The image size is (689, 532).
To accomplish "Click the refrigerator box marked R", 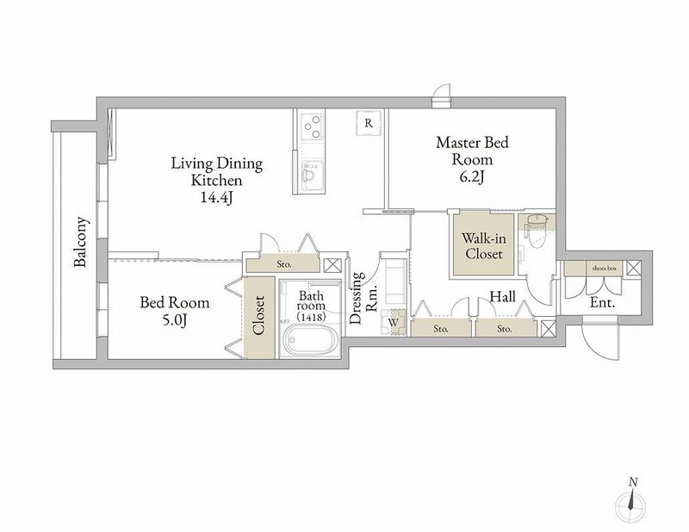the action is (x=369, y=123).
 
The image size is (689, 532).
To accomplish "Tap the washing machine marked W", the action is (x=394, y=322).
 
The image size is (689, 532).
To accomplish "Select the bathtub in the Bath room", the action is (x=309, y=339).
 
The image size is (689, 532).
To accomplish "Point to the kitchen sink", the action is (x=311, y=176).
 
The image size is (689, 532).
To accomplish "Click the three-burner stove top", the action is (x=312, y=127).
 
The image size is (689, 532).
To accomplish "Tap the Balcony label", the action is (x=80, y=242).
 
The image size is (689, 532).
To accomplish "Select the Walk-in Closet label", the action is (x=483, y=246).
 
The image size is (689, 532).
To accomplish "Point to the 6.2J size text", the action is (x=472, y=177).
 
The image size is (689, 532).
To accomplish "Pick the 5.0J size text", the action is (x=175, y=321).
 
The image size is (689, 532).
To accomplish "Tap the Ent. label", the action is (x=602, y=302).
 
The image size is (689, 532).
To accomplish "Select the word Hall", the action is (x=502, y=297).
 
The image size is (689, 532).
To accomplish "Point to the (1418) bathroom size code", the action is (x=311, y=316).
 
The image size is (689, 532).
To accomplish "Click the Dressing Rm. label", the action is (x=363, y=297).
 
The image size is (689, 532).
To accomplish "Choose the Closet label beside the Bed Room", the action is (x=258, y=315).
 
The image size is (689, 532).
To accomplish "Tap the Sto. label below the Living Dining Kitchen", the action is (x=284, y=265).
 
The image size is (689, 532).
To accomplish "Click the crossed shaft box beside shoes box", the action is (x=633, y=268).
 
